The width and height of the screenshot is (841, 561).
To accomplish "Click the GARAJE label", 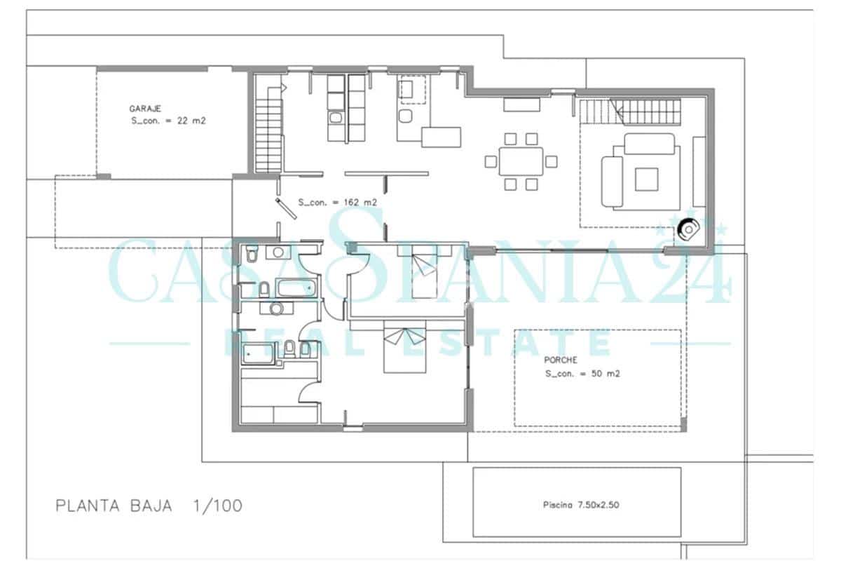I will (x=145, y=109).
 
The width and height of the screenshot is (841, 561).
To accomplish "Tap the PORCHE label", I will (x=561, y=360).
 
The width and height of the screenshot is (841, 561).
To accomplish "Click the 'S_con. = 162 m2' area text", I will (x=338, y=202).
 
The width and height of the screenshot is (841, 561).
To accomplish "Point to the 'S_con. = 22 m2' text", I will (x=168, y=121).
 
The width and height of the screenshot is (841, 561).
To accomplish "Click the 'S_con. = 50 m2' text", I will (x=582, y=374).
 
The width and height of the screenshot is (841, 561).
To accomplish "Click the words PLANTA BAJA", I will (x=114, y=506).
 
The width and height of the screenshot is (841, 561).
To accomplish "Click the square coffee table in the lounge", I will (x=646, y=178).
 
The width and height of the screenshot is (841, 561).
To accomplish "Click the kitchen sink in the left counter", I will (x=336, y=117).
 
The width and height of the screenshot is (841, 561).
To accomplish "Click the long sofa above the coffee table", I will (x=651, y=144).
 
